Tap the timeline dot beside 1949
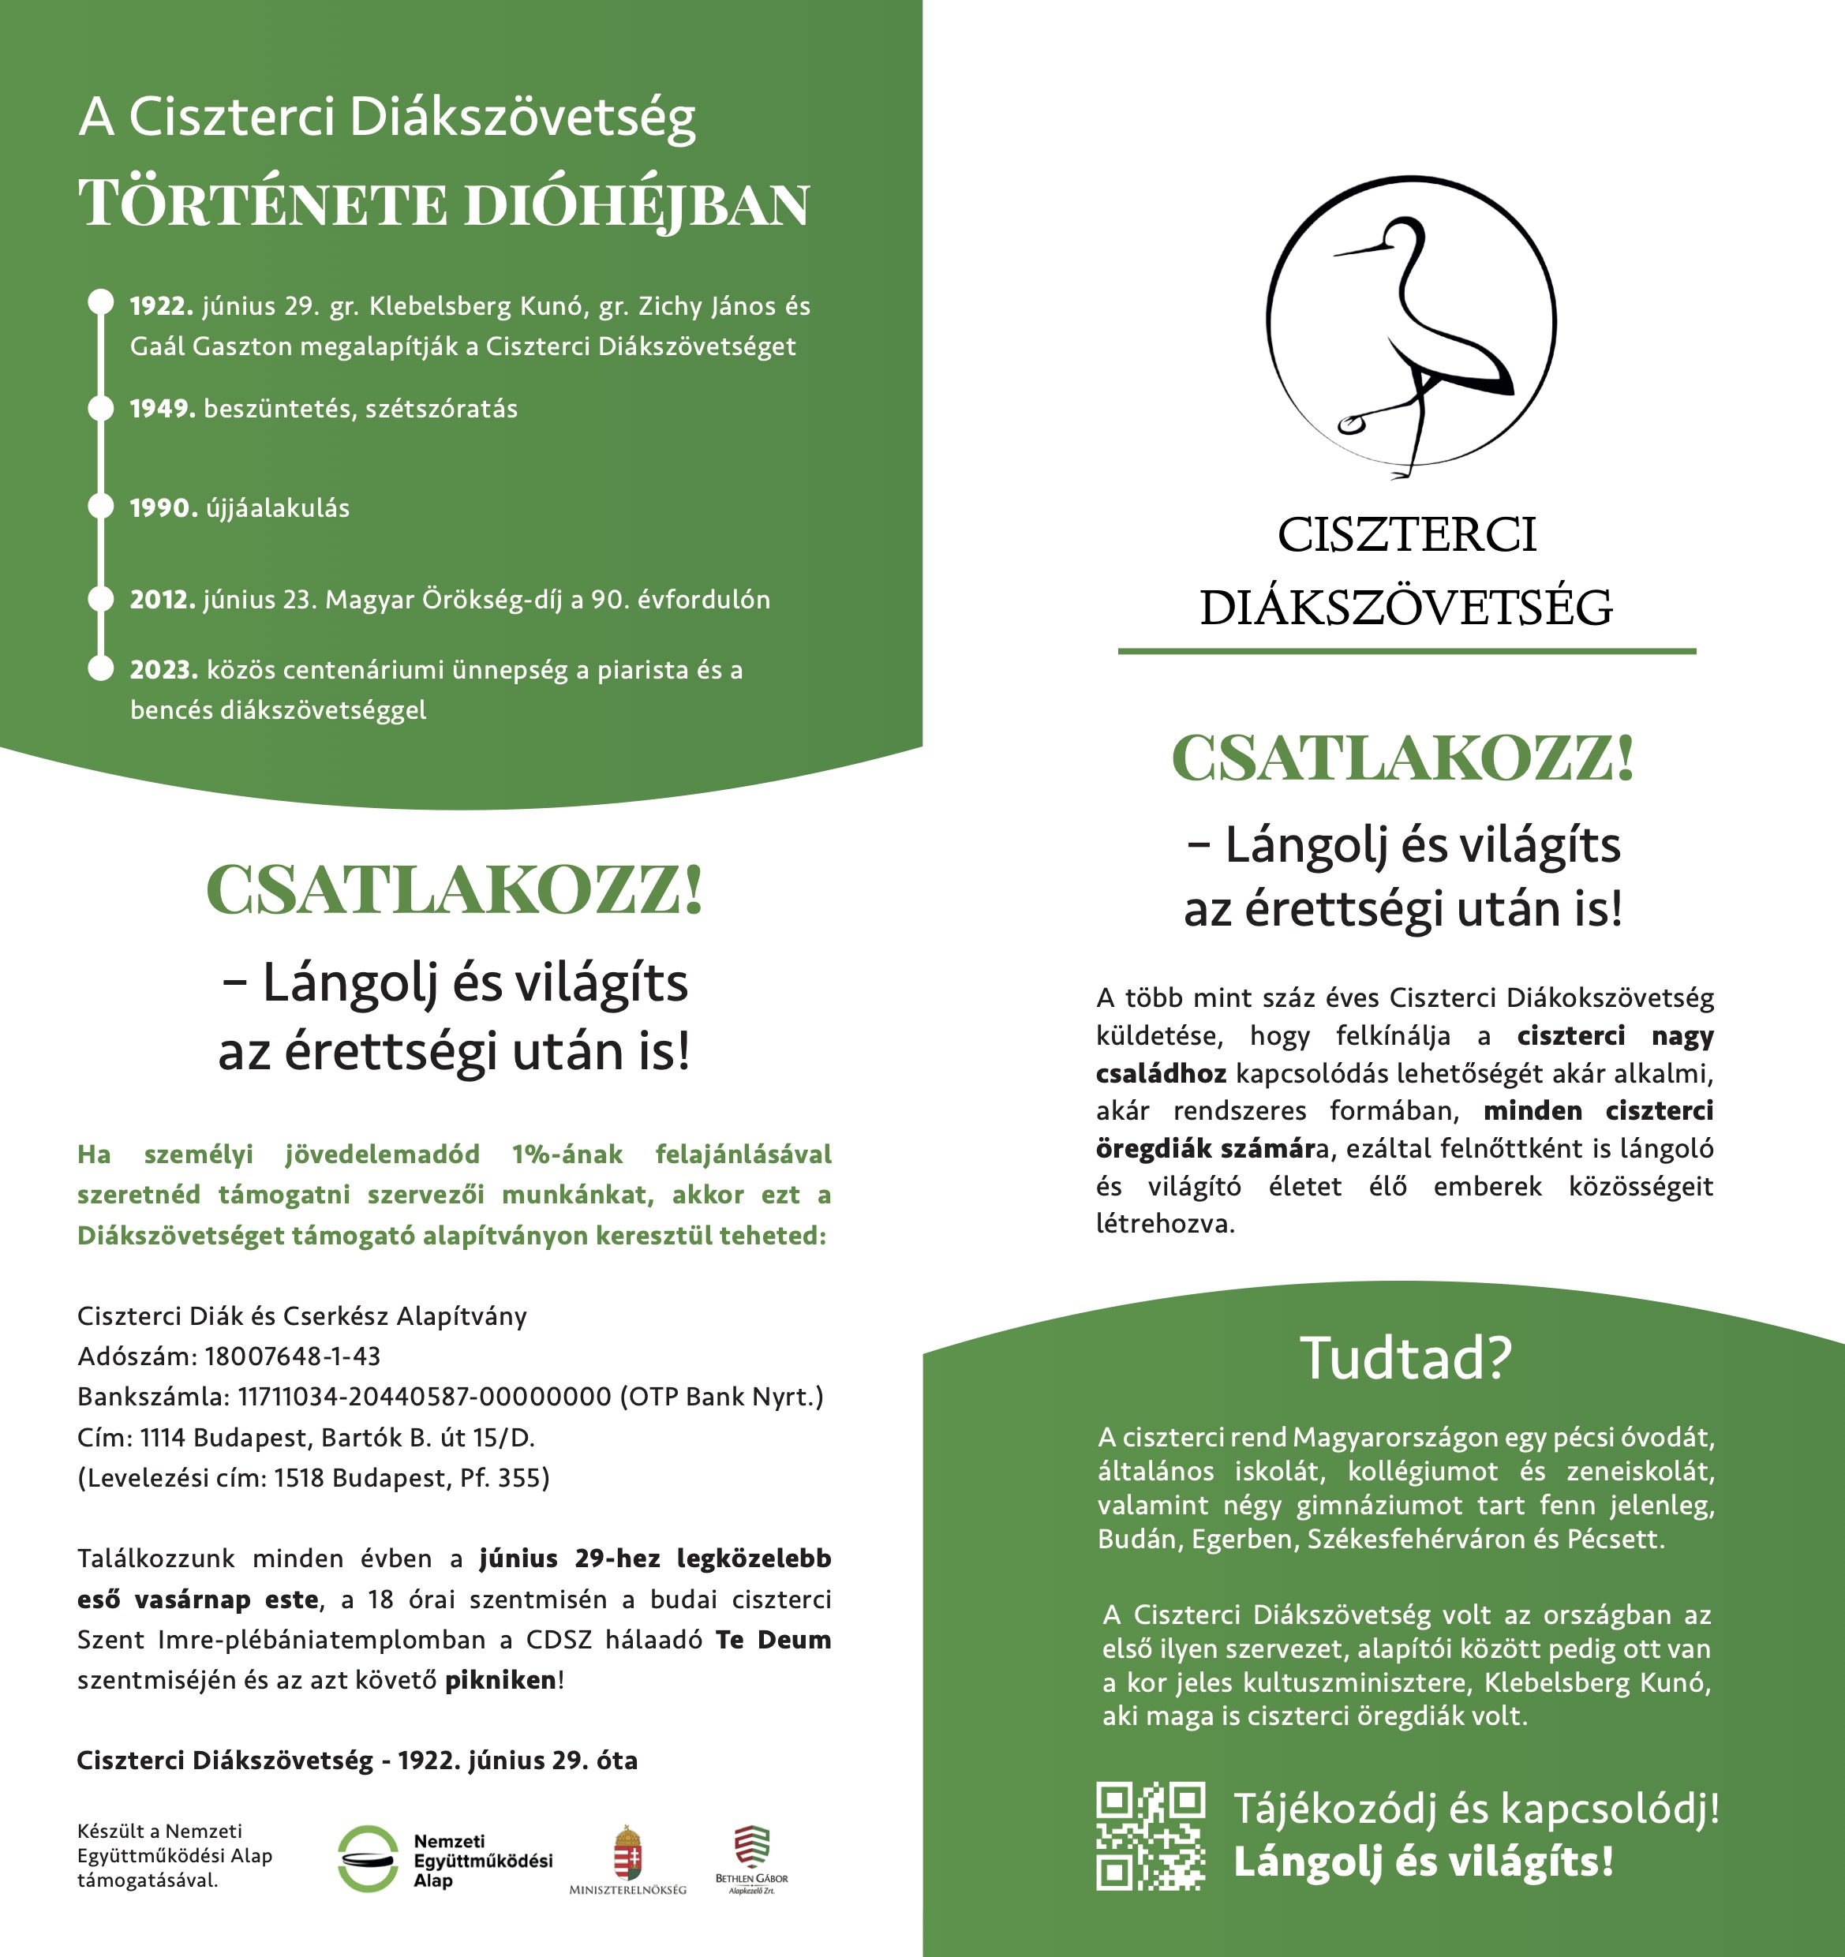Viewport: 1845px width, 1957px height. click(x=100, y=407)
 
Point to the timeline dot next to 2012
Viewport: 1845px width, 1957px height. click(x=100, y=598)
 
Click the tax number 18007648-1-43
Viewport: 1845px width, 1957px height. click(x=293, y=1356)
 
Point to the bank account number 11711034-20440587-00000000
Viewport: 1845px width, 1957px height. click(x=425, y=1397)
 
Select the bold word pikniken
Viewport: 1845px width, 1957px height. click(x=500, y=1680)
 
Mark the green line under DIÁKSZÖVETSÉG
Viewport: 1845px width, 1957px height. click(x=1406, y=651)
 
